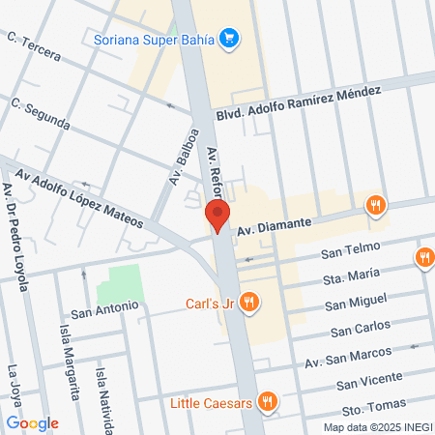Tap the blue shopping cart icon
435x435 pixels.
tap(229, 40)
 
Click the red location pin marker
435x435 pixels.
tap(219, 217)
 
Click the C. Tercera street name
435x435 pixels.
tap(35, 48)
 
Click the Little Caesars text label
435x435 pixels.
tap(212, 402)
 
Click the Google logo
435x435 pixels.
tap(32, 423)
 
